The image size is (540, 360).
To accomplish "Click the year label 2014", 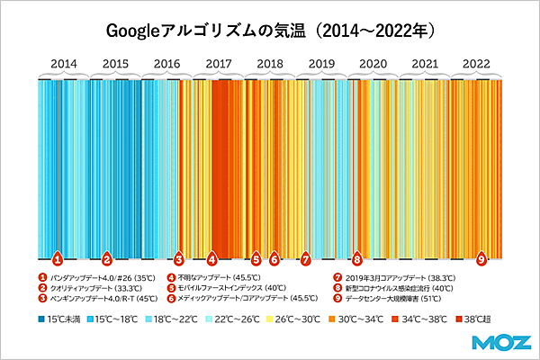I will coord(63,64).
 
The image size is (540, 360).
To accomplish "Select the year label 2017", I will coord(219,64).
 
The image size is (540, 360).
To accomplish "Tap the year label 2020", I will coord(373,64).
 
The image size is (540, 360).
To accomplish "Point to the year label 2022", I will coord(476,64).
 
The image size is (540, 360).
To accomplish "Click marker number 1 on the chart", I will coord(57,257).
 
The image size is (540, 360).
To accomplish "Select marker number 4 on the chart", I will coord(211,257).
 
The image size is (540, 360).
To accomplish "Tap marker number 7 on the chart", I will coord(305,257).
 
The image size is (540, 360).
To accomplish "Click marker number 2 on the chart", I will coord(106,257).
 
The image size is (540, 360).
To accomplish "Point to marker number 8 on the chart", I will coord(357,257).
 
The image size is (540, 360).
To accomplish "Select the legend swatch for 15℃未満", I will coord(41,319).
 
